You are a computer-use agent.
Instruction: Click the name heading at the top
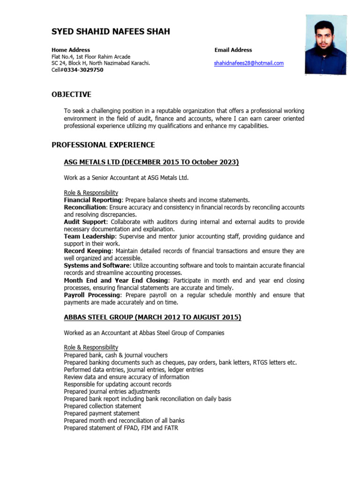pos(111,32)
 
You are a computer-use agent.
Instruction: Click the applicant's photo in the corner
pos(326,45)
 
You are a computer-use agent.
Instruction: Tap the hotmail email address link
pos(249,63)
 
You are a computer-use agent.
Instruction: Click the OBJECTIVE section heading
pos(71,95)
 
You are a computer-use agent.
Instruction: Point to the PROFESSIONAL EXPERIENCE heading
pos(103,145)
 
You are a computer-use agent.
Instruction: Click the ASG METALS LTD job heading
pos(151,162)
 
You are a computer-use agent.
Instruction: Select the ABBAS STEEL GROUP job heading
pos(152,317)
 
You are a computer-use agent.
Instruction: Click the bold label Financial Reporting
pos(93,200)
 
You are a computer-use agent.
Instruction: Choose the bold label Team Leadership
pos(89,236)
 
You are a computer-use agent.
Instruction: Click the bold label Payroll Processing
pos(92,295)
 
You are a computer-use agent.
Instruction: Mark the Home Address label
pos(71,50)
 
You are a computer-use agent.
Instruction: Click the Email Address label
pos(233,50)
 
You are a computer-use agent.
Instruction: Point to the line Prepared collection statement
pos(102,406)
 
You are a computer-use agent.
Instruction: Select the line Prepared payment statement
pos(101,413)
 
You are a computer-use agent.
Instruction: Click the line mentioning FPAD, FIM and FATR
pos(121,428)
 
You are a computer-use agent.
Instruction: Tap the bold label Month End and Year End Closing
pos(115,280)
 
